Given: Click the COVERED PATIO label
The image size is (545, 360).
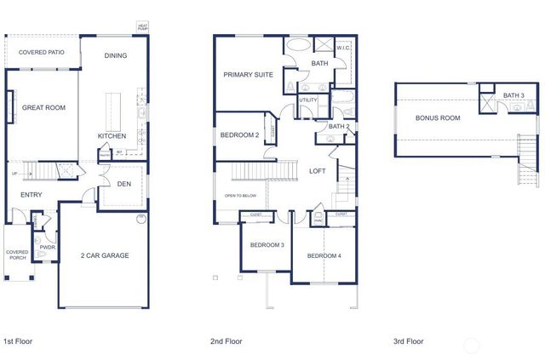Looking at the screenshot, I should (x=42, y=53).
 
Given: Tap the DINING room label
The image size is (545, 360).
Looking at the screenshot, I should (x=116, y=56).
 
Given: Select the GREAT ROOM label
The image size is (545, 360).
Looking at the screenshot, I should (x=44, y=108).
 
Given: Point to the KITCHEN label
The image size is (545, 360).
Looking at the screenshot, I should (x=112, y=136).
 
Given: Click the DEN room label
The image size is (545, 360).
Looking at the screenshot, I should (x=123, y=183).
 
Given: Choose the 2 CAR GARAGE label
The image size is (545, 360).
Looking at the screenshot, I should (x=105, y=255).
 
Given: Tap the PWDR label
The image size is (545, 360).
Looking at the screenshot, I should (x=47, y=248).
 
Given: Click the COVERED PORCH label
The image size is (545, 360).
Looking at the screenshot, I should (x=17, y=255).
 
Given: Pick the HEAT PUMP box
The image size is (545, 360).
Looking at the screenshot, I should (x=143, y=27).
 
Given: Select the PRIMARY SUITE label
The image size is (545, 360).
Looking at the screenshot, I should (x=248, y=75).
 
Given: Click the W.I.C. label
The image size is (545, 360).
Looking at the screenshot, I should (x=343, y=49).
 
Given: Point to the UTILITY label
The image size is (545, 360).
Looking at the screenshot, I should (x=307, y=101).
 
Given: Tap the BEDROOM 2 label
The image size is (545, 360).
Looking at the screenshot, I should (x=239, y=135).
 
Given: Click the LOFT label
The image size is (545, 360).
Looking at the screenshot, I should (x=317, y=171).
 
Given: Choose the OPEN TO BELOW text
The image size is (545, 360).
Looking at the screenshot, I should (x=241, y=196).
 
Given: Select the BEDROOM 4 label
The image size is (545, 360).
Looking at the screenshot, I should (x=324, y=256).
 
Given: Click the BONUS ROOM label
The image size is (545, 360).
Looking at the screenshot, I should (x=438, y=118).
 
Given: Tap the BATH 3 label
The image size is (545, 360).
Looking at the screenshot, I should (x=513, y=95).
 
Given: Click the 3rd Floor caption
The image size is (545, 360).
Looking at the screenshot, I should (x=408, y=341).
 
